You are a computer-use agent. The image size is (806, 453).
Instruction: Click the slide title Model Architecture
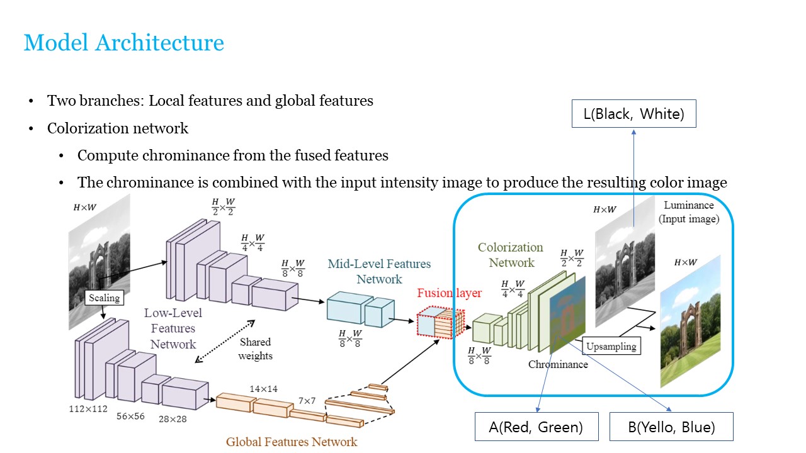click(x=124, y=43)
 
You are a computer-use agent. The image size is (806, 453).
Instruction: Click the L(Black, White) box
click(x=633, y=114)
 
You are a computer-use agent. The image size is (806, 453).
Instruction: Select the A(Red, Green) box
click(x=536, y=427)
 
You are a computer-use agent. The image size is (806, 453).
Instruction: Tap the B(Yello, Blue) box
click(x=671, y=427)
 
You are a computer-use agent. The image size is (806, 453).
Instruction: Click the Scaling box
click(x=104, y=298)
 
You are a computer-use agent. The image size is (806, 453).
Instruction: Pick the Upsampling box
click(x=611, y=345)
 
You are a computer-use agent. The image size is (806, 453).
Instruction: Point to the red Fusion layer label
click(x=449, y=293)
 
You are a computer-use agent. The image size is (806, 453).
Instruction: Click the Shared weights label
click(x=255, y=349)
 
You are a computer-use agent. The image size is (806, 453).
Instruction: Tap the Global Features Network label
click(x=292, y=442)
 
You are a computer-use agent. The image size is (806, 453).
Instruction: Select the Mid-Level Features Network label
click(x=379, y=271)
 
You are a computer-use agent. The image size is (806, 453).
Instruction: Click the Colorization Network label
click(x=511, y=255)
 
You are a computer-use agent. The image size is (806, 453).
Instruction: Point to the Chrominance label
click(x=558, y=364)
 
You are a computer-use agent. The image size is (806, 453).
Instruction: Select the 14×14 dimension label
click(x=263, y=389)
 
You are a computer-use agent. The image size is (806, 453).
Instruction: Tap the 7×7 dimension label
click(x=307, y=400)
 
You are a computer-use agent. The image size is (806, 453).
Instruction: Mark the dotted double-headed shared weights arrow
click(x=225, y=340)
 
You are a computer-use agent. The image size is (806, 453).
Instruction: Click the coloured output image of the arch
click(x=690, y=321)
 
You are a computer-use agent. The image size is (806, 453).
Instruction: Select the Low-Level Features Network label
click(x=173, y=328)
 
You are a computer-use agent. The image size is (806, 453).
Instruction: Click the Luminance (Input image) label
click(x=688, y=212)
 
